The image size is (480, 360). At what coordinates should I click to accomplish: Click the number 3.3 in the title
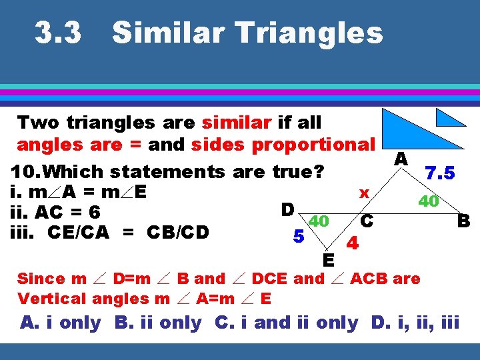coord(59,32)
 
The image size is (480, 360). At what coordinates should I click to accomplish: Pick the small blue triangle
coord(449,118)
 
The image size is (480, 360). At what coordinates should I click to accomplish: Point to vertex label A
coord(401,159)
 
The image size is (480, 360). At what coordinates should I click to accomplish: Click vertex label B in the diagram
coord(463,220)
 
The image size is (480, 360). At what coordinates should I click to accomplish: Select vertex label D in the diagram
coord(288,209)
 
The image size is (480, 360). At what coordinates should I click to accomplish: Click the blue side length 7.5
coord(440,173)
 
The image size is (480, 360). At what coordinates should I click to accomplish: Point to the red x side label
coord(364,193)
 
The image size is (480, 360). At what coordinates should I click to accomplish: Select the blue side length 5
coord(300,236)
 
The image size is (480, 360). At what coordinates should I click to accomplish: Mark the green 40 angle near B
coord(427,201)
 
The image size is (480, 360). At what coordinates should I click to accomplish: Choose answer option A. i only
coord(61,323)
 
